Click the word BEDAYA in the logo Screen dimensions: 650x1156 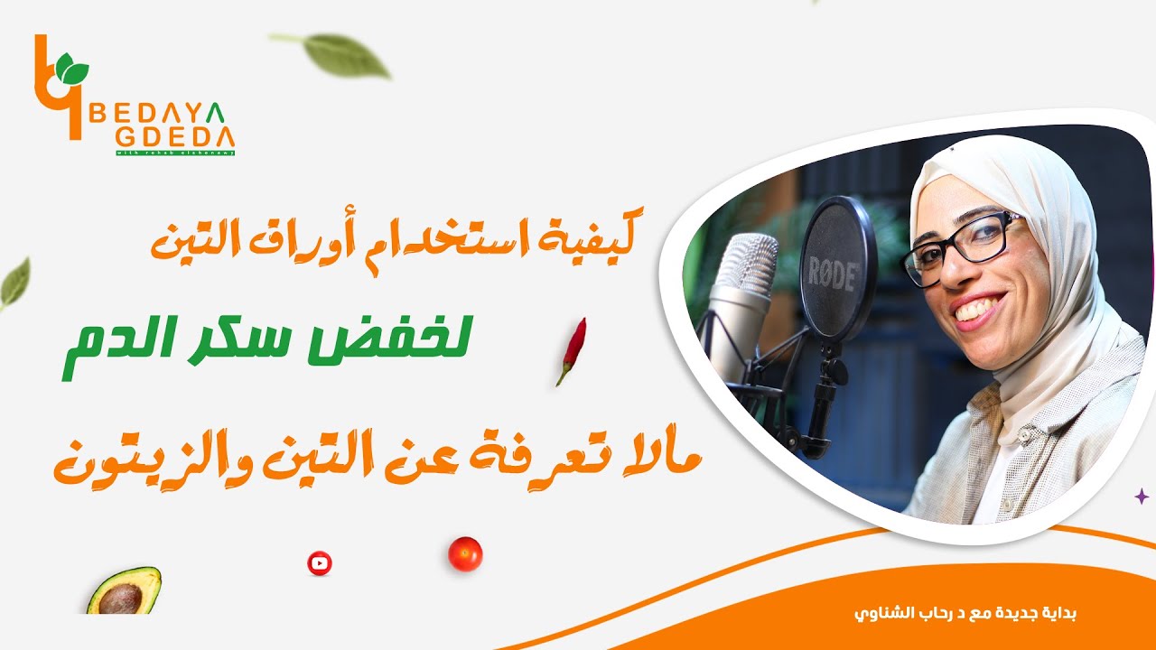[168, 113]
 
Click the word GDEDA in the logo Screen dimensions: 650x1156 [175, 138]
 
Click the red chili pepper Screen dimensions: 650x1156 [572, 350]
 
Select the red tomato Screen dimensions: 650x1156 [465, 553]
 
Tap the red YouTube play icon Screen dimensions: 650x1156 [319, 563]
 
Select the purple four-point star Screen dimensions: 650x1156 [1142, 496]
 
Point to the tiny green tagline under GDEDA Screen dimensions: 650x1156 [175, 152]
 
